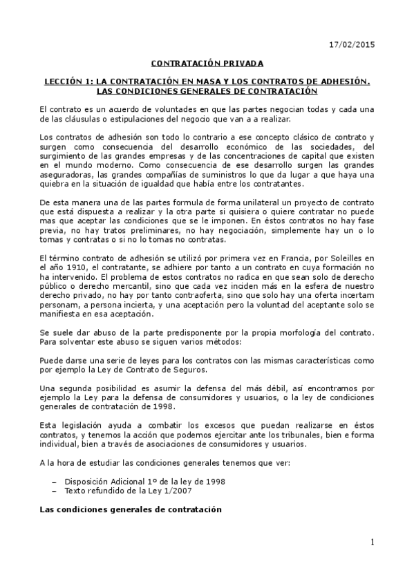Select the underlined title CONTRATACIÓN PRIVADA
(207, 64)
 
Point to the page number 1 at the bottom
(372, 542)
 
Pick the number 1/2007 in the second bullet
(184, 490)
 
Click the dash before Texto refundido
(55, 490)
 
